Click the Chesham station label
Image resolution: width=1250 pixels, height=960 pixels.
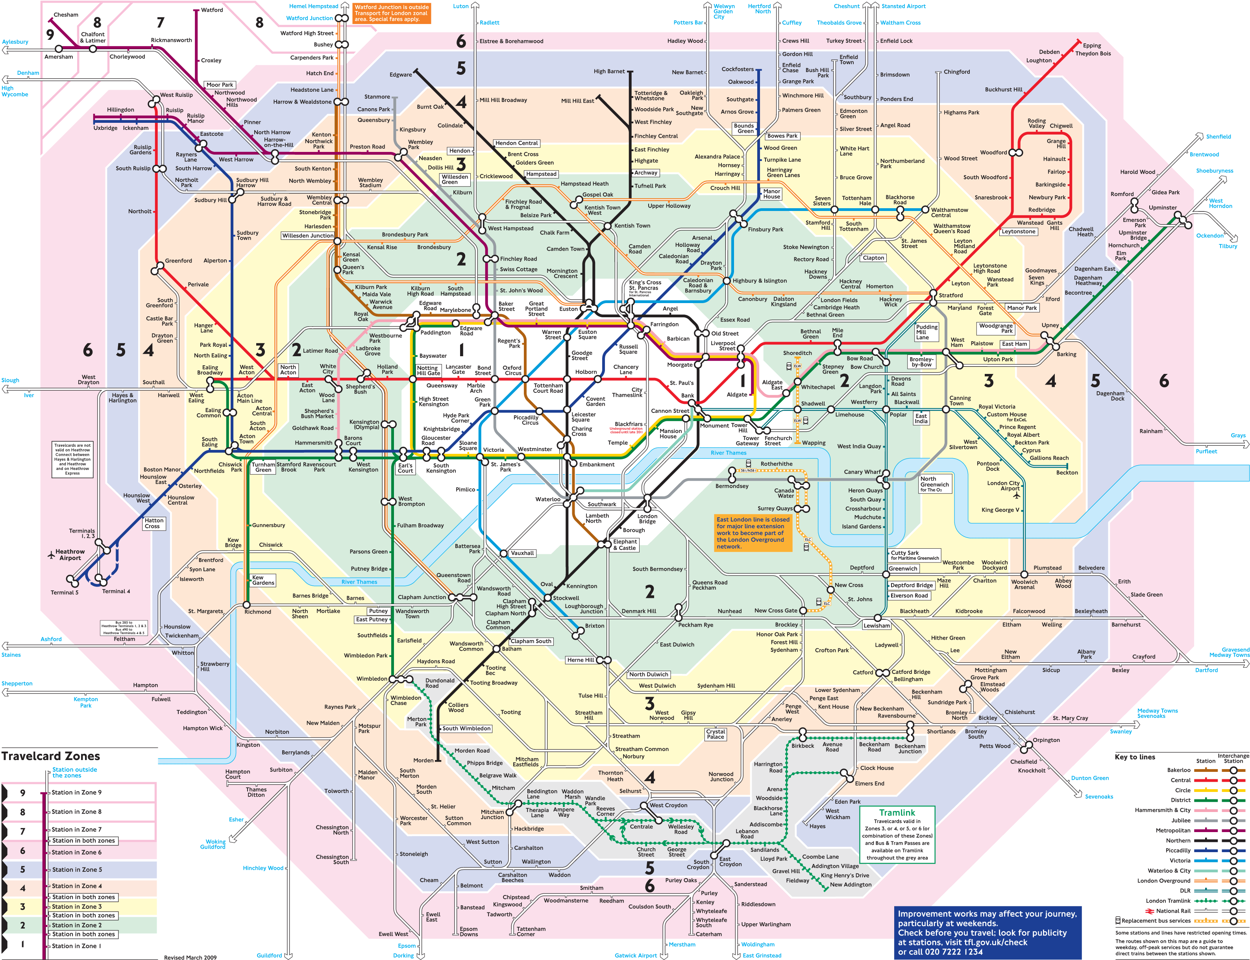[66, 15]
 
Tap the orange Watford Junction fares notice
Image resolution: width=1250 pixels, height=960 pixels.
[391, 13]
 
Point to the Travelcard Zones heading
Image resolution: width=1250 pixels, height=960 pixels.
[51, 756]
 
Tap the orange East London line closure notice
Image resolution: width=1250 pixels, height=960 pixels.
[753, 533]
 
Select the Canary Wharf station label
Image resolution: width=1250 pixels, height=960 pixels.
[862, 472]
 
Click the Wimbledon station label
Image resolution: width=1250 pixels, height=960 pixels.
[372, 679]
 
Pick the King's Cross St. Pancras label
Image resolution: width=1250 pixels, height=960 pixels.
[645, 285]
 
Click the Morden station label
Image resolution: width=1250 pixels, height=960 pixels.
[423, 760]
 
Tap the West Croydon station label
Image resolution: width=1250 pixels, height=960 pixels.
[668, 805]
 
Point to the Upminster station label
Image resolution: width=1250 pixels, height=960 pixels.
[1163, 207]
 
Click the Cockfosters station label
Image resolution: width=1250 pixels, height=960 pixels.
[738, 69]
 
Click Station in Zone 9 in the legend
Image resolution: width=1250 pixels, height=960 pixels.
[77, 793]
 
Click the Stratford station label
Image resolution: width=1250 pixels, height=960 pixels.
[950, 296]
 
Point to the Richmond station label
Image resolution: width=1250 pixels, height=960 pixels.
[258, 612]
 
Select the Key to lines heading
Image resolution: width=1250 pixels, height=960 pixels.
[1135, 757]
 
